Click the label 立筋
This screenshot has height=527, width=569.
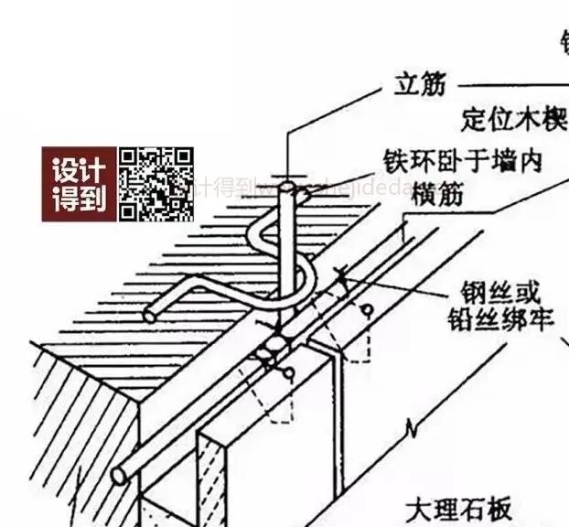[419, 85]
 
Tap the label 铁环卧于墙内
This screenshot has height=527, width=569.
[476, 162]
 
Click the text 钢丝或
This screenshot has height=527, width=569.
[495, 295]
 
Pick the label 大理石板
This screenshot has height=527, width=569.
[459, 509]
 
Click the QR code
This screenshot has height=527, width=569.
[156, 184]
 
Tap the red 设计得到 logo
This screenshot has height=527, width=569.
[79, 184]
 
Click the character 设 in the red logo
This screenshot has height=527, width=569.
[64, 170]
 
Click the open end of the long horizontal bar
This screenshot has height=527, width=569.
[119, 476]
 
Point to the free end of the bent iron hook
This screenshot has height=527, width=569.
[149, 317]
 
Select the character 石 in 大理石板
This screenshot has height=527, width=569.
[473, 509]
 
